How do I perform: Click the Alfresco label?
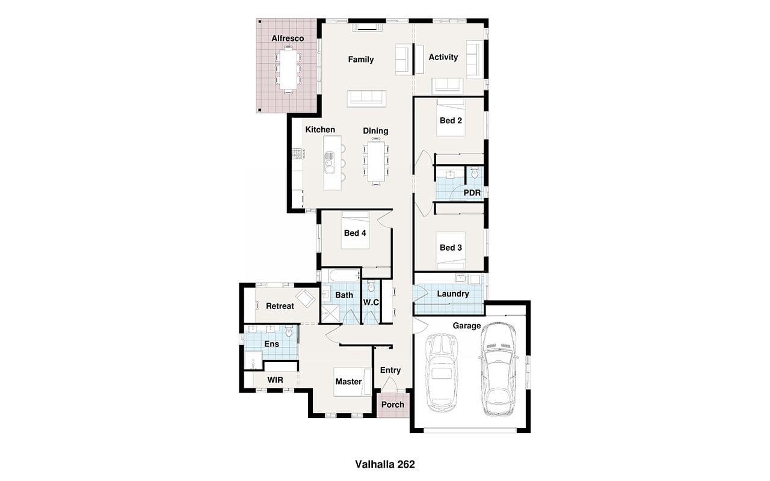click(x=288, y=38)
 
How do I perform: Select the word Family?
click(x=360, y=60)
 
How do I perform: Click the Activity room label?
click(x=443, y=57)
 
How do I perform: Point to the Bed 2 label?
click(x=451, y=121)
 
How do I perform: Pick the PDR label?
click(x=472, y=193)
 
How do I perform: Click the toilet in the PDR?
click(x=475, y=173)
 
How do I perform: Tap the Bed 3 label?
click(x=451, y=247)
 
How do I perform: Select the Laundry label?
click(x=453, y=294)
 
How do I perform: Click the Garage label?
click(x=466, y=326)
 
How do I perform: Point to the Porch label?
click(x=393, y=405)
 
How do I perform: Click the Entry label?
click(x=390, y=370)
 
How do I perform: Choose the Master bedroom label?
click(x=348, y=382)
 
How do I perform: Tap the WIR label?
click(x=275, y=380)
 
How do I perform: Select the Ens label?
click(x=271, y=344)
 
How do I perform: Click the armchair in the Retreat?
click(x=305, y=299)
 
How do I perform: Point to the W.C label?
click(x=371, y=302)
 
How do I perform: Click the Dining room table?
click(x=376, y=161)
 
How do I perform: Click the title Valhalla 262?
click(x=385, y=464)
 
